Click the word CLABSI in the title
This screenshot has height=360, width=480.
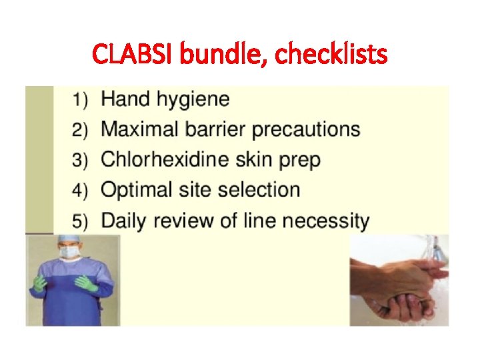133,53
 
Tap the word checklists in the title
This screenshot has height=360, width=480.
331,53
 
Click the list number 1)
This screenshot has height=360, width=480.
81,101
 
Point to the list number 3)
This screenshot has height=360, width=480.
81,161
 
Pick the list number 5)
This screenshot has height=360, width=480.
81,221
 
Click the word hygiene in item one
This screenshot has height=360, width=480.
194,100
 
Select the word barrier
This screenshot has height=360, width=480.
214,129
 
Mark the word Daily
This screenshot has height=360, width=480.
124,220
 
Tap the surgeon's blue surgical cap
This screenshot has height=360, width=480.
69,240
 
